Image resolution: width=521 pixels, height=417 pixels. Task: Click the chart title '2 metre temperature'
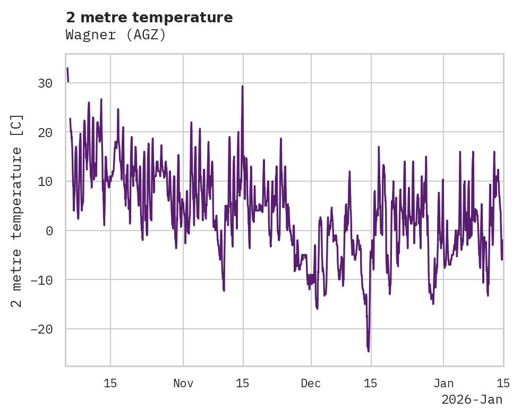pyautogui.click(x=149, y=18)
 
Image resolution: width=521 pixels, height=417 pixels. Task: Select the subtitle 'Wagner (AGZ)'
pyautogui.click(x=116, y=35)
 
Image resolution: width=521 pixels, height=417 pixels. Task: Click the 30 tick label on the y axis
pyautogui.click(x=45, y=83)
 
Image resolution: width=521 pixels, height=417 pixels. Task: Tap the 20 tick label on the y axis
pyautogui.click(x=45, y=132)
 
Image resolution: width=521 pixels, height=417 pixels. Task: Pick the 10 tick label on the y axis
pyautogui.click(x=45, y=182)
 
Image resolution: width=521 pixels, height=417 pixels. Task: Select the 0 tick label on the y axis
pyautogui.click(x=49, y=231)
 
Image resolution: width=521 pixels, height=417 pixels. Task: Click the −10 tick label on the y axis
pyautogui.click(x=41, y=280)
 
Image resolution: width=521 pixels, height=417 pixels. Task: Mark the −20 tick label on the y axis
pyautogui.click(x=41, y=329)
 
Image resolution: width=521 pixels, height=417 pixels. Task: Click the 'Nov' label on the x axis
pyautogui.click(x=183, y=383)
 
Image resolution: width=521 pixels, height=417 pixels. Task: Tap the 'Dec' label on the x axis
pyautogui.click(x=311, y=383)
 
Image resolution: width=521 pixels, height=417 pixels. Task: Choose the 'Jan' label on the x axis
pyautogui.click(x=443, y=383)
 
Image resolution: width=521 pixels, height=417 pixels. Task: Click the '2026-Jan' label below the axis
pyautogui.click(x=472, y=400)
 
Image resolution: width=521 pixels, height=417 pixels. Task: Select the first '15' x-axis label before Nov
pyautogui.click(x=110, y=383)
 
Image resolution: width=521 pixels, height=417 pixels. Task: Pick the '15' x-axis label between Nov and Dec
pyautogui.click(x=243, y=383)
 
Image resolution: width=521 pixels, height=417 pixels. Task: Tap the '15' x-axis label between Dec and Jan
pyautogui.click(x=371, y=383)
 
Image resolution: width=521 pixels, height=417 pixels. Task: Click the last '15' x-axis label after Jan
pyautogui.click(x=503, y=383)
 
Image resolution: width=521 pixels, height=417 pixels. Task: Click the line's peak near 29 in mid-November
pyautogui.click(x=242, y=87)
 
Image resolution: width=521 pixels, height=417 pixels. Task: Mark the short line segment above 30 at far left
pyautogui.click(x=67, y=74)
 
